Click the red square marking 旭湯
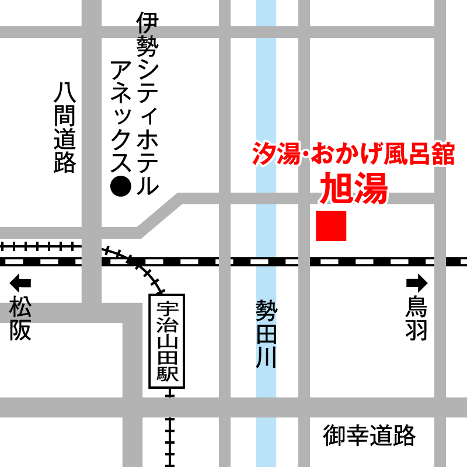point(331,226)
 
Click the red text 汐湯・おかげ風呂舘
point(353,155)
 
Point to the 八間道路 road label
point(65,128)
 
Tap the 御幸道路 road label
point(370,435)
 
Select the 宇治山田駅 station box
point(168,341)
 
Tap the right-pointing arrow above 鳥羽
point(417,284)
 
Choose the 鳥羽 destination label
point(417,319)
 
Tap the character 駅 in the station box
point(168,374)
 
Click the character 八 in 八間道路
point(65,93)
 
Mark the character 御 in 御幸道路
point(335,435)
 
